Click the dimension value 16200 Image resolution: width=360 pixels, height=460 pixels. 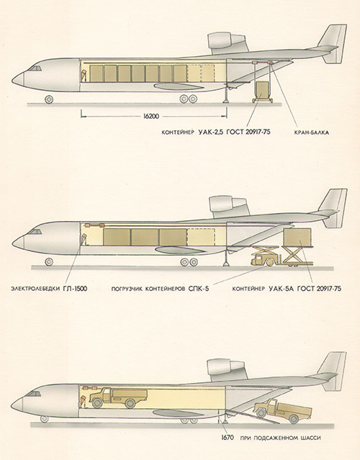[151, 117]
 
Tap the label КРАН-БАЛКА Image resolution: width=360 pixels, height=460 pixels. [311, 132]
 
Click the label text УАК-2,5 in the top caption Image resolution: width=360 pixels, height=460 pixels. [211, 132]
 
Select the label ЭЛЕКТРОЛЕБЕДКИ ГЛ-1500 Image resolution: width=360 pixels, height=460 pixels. [49, 289]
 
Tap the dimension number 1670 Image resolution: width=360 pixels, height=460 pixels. [228, 438]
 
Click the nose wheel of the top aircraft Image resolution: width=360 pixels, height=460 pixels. [49, 99]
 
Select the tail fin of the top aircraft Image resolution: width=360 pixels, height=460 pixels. [334, 44]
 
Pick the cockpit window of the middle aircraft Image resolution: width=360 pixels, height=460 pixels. [35, 232]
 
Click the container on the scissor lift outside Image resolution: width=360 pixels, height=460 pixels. [297, 237]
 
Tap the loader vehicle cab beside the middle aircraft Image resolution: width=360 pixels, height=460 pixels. [259, 260]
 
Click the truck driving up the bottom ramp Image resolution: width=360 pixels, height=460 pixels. [282, 410]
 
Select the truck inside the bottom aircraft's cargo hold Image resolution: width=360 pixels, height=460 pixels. [118, 398]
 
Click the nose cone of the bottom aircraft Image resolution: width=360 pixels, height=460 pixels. [17, 405]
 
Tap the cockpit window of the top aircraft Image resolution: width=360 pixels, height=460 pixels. [35, 68]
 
